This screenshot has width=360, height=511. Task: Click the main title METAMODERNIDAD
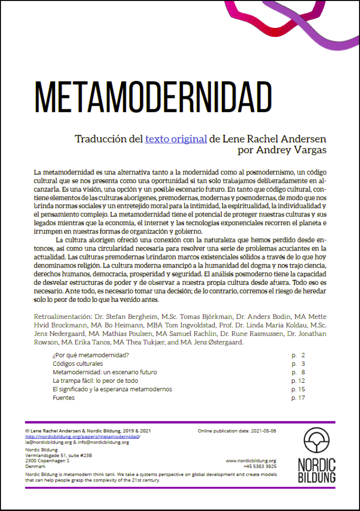(x=154, y=97)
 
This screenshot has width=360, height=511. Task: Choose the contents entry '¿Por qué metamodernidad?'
(x=91, y=355)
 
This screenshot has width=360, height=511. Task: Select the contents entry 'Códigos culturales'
(x=78, y=364)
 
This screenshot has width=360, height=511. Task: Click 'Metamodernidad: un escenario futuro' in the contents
(x=105, y=372)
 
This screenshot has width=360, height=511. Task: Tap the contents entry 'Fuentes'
(x=64, y=398)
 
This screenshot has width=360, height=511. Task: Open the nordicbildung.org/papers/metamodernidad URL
(x=82, y=436)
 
